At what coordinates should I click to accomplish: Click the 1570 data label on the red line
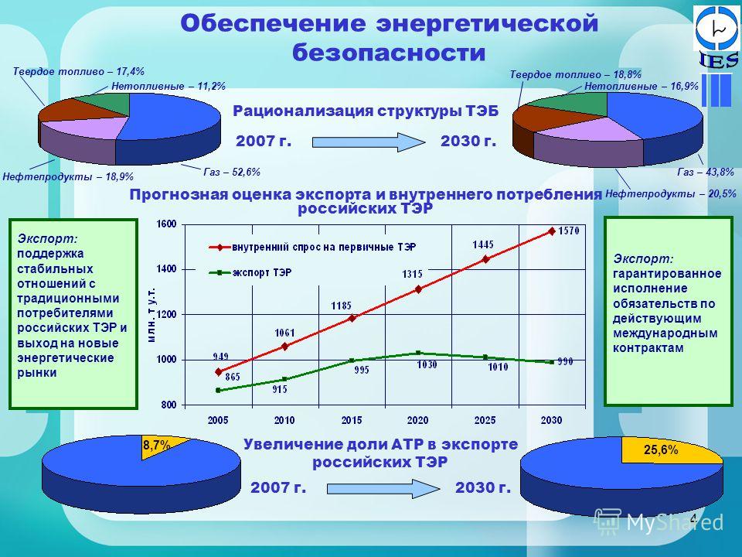tap(569, 231)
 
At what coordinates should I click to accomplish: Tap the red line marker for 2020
tap(418, 289)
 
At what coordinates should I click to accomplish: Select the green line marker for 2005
tap(218, 390)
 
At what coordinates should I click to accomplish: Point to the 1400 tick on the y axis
tap(167, 269)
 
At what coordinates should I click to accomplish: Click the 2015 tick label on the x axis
tap(351, 420)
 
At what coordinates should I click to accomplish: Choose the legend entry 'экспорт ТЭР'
tap(250, 273)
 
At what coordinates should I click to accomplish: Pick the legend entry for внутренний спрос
tap(312, 247)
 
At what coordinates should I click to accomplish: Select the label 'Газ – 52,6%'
tap(232, 172)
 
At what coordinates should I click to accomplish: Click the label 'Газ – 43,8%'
tap(706, 172)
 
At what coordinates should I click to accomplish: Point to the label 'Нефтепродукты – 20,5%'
tap(671, 193)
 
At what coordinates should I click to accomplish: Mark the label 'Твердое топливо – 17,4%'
tap(79, 71)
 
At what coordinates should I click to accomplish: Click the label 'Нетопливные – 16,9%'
tap(642, 86)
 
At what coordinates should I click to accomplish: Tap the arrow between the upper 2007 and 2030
tap(369, 142)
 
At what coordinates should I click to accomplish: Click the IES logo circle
tap(717, 29)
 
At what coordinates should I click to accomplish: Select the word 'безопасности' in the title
tap(389, 53)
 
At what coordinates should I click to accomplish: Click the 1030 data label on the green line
tap(427, 364)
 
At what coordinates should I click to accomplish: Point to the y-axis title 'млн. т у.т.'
tap(151, 315)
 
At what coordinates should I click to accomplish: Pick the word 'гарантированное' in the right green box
tap(667, 274)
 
